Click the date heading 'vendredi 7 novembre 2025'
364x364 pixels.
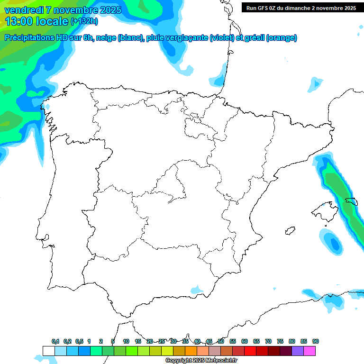click(63, 10)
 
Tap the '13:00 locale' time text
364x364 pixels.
click(37, 21)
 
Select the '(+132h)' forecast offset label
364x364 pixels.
click(84, 21)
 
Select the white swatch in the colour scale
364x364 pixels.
click(48, 351)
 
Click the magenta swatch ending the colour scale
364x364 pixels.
click(309, 351)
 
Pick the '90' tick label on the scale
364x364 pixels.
click(316, 341)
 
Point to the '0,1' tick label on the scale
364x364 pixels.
click(55, 341)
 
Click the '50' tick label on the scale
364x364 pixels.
click(221, 341)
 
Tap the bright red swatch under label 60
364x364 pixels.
click(250, 351)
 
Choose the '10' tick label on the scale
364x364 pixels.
click(126, 341)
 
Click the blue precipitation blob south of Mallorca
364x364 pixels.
click(335, 243)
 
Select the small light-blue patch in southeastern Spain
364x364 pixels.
click(197, 289)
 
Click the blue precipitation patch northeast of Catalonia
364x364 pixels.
click(315, 84)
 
